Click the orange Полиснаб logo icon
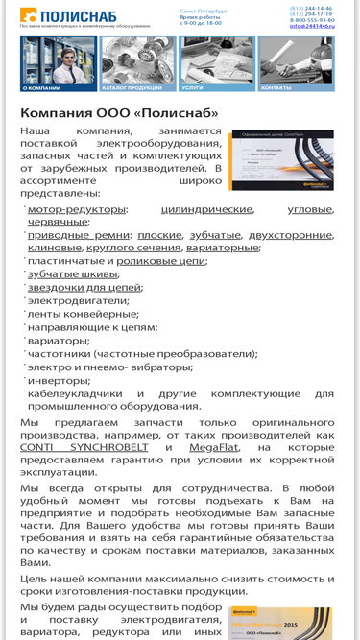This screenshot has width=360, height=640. click(x=27, y=14)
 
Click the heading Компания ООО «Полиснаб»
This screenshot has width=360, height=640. click(x=119, y=113)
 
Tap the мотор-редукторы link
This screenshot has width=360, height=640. click(x=76, y=208)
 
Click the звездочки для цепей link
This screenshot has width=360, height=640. click(x=84, y=287)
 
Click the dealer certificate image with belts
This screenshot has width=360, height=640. click(x=281, y=160)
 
